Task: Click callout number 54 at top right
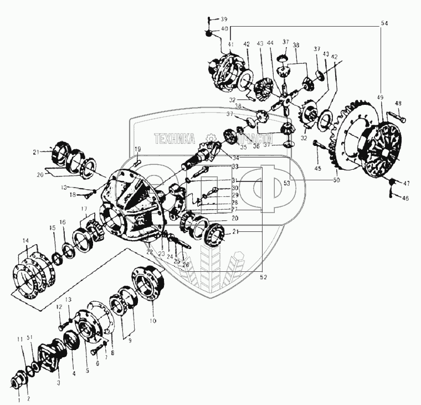(x=384, y=24)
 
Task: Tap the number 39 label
(x=224, y=19)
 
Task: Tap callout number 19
(x=138, y=149)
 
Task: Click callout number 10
(x=153, y=321)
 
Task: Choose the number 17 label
(x=85, y=209)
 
